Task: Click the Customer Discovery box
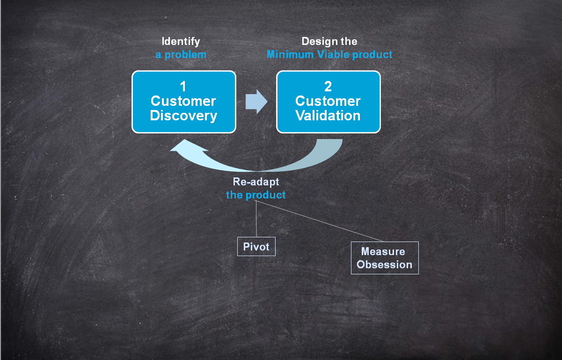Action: click(x=183, y=102)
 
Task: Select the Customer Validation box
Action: click(x=328, y=102)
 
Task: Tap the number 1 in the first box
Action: click(x=183, y=87)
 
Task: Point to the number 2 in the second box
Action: click(x=328, y=87)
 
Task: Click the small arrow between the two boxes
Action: click(x=256, y=102)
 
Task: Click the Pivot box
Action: click(x=256, y=246)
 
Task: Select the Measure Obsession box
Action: click(x=385, y=257)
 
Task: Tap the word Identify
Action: click(x=181, y=41)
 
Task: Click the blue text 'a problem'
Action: click(x=181, y=54)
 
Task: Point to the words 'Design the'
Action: click(x=329, y=41)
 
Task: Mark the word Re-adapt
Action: click(x=256, y=182)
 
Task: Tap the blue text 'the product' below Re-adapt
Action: click(x=256, y=195)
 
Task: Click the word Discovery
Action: click(x=183, y=116)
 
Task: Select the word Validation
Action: click(x=328, y=116)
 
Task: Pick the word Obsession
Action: click(x=385, y=264)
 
